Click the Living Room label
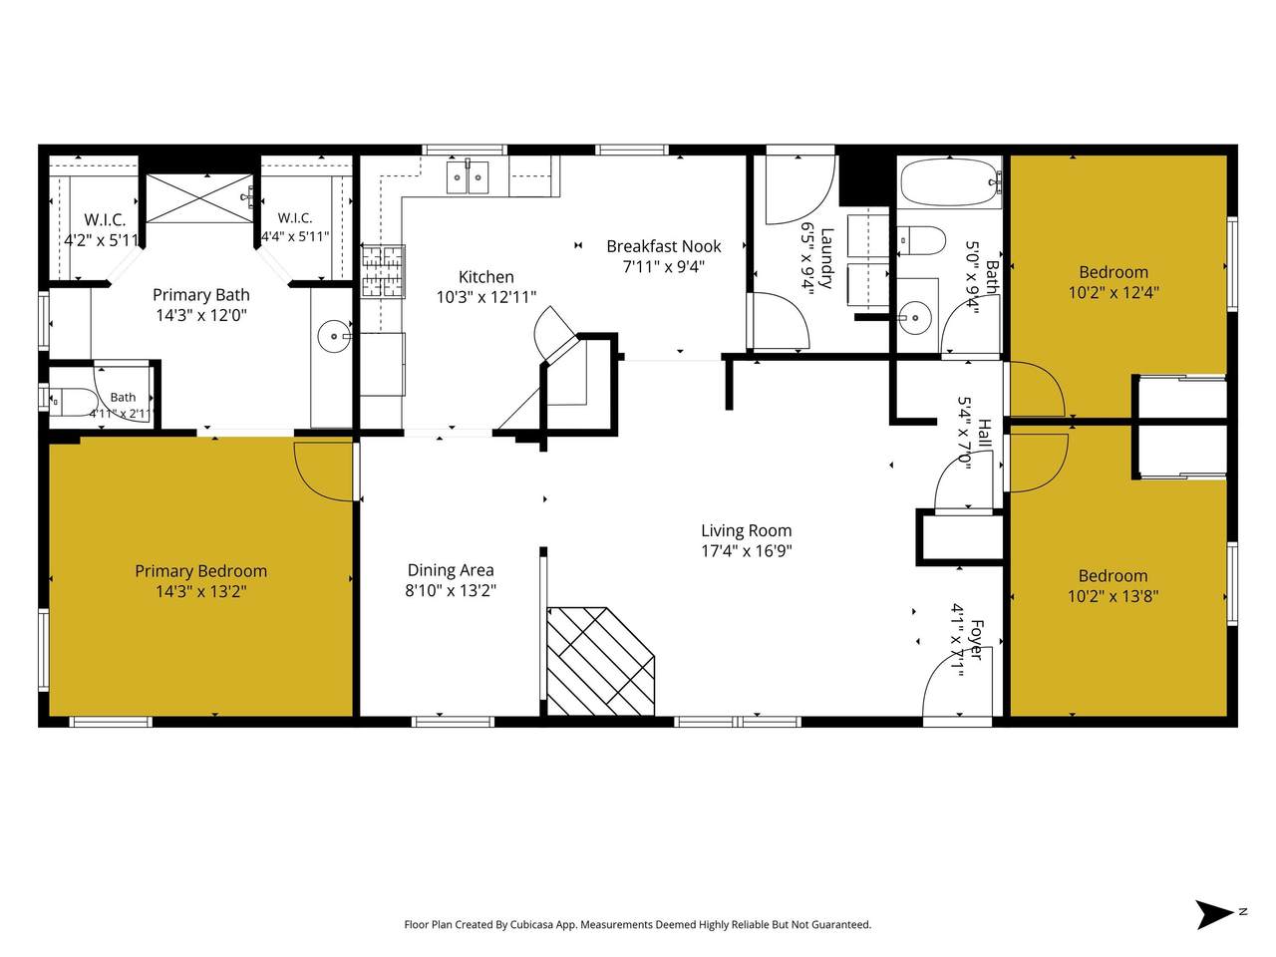click(x=746, y=530)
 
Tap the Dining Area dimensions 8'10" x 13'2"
click(x=451, y=590)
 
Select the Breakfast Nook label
click(x=663, y=246)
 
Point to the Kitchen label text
click(x=486, y=276)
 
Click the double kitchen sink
click(x=468, y=177)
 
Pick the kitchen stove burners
click(x=383, y=272)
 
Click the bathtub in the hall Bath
click(x=950, y=182)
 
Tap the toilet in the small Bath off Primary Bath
click(x=73, y=401)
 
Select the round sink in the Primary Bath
click(x=333, y=336)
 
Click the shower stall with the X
click(x=199, y=198)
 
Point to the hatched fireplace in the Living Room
click(x=600, y=661)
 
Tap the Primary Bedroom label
click(x=200, y=571)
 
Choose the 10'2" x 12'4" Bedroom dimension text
click(x=1114, y=292)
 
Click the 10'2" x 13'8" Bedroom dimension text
click(x=1113, y=596)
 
